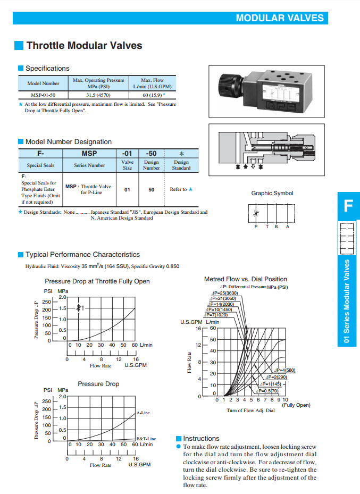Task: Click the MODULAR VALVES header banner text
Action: pyautogui.click(x=280, y=18)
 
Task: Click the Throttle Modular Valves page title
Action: pyautogui.click(x=84, y=46)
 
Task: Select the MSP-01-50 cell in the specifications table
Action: pyautogui.click(x=44, y=95)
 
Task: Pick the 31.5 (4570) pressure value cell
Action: pyautogui.click(x=98, y=95)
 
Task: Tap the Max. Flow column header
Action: pyautogui.click(x=152, y=83)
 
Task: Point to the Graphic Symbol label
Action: pyautogui.click(x=272, y=194)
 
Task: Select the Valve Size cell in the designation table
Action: pyautogui.click(x=128, y=165)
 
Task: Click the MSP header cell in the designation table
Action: pyautogui.click(x=89, y=154)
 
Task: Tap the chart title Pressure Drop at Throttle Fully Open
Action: pyautogui.click(x=97, y=281)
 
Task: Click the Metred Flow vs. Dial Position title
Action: pyautogui.click(x=246, y=279)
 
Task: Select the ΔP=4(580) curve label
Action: pyautogui.click(x=285, y=370)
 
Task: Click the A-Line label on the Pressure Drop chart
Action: pyautogui.click(x=143, y=413)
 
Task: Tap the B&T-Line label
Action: pyautogui.click(x=146, y=439)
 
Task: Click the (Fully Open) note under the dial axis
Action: pyautogui.click(x=296, y=405)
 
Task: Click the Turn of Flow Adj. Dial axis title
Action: pyautogui.click(x=250, y=411)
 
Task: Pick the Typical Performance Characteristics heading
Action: pyautogui.click(x=82, y=255)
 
